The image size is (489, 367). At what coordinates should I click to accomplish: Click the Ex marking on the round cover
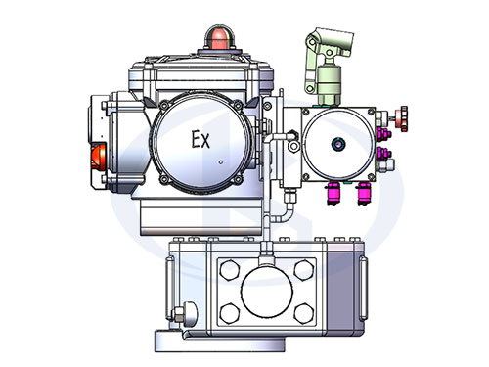(x=200, y=139)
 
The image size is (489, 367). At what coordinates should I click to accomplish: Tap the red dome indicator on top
(x=219, y=38)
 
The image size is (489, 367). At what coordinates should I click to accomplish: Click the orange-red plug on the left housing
(x=98, y=157)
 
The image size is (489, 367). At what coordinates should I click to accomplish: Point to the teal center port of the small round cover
(x=338, y=144)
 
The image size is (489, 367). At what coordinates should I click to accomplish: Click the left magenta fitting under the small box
(x=333, y=193)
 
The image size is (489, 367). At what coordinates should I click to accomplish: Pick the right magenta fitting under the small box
(x=364, y=193)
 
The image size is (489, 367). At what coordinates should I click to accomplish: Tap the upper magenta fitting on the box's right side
(x=383, y=134)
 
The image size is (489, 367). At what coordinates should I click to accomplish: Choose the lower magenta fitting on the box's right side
(x=383, y=153)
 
